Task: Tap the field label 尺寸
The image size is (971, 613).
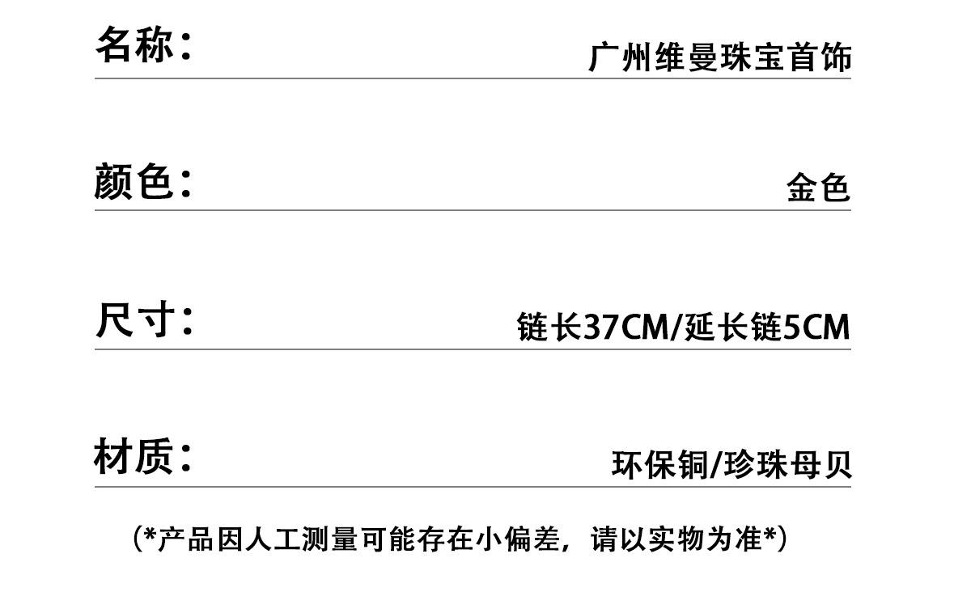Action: [134, 319]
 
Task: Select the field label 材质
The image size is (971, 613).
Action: [134, 457]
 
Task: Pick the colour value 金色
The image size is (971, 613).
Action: [818, 188]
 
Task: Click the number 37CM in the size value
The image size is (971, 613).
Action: [626, 328]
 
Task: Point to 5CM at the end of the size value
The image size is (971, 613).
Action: [816, 328]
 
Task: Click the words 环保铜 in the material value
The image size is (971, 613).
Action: [659, 465]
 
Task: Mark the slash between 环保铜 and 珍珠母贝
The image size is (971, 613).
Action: [714, 465]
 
